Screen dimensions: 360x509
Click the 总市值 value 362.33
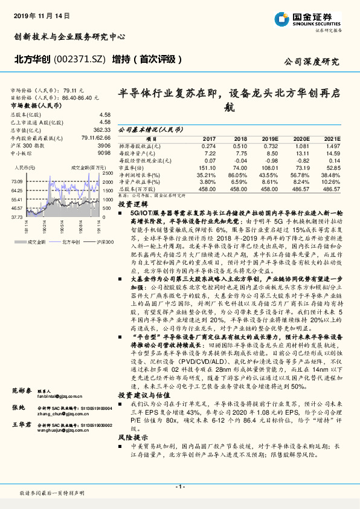point(100,129)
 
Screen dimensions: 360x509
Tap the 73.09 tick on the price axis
point(16,181)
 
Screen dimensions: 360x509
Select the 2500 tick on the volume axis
point(108,173)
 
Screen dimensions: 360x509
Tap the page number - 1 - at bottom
point(179,487)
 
